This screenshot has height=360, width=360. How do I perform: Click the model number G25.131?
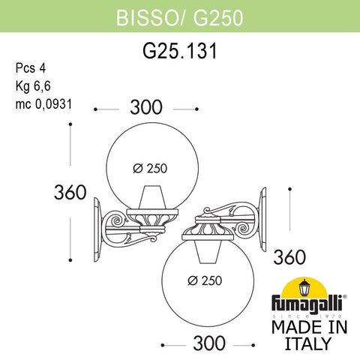point(179,53)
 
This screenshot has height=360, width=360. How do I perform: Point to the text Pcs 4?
point(29,67)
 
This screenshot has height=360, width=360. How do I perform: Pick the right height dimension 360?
point(289,256)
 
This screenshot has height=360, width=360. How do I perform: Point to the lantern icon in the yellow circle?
point(305,287)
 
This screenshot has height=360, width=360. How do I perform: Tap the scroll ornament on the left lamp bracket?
point(117,222)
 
